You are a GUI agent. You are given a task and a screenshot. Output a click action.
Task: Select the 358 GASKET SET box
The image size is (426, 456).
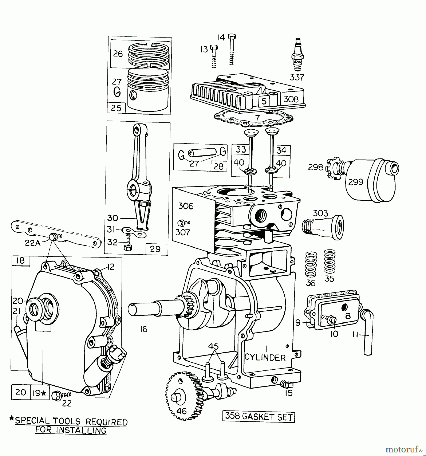(259, 417)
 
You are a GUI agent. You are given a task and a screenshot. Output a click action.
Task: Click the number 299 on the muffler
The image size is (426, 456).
(356, 182)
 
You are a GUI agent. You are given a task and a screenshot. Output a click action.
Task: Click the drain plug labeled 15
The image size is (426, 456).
(287, 384)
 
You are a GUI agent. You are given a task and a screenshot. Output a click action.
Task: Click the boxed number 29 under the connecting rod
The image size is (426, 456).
(155, 249)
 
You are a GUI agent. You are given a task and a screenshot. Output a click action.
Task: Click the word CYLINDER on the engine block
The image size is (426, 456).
(265, 358)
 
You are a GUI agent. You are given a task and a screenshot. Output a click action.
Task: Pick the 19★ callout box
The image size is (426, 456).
(40, 393)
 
